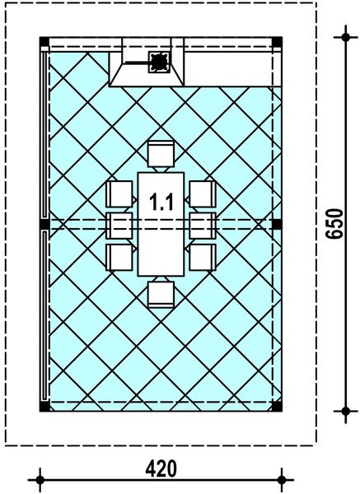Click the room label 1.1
pyautogui.click(x=161, y=200)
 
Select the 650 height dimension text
pyautogui.click(x=334, y=223)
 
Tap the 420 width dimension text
pyautogui.click(x=161, y=468)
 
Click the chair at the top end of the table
pyautogui.click(x=161, y=154)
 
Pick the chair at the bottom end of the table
pyautogui.click(x=161, y=293)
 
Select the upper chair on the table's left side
pyautogui.click(x=120, y=194)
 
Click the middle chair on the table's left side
pyautogui.click(x=120, y=224)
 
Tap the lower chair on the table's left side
pyautogui.click(x=120, y=255)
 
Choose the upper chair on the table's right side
pyautogui.click(x=202, y=194)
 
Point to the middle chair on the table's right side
pyautogui.click(x=202, y=224)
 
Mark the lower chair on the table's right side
pyautogui.click(x=202, y=255)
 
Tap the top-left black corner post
pyautogui.click(x=44, y=42)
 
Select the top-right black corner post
pyautogui.click(x=277, y=42)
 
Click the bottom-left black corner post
pyautogui.click(x=44, y=406)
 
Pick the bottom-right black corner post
pyautogui.click(x=277, y=406)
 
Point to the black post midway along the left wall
pyautogui.click(x=44, y=224)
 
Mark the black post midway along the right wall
pyautogui.click(x=277, y=224)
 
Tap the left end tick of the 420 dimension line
pyautogui.click(x=39, y=477)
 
